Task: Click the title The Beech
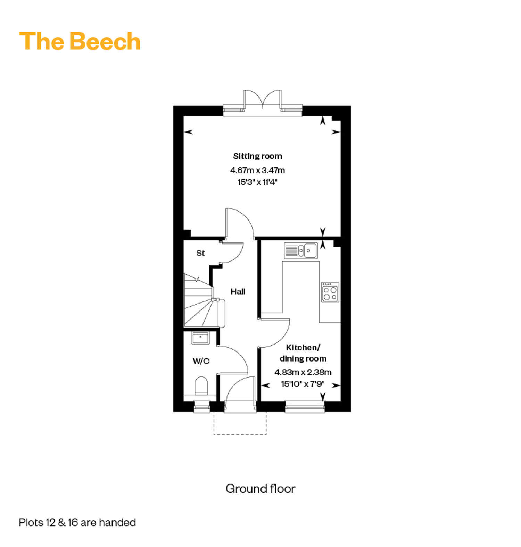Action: [x=80, y=41]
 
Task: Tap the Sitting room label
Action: [x=257, y=156]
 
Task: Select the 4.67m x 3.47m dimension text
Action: [x=257, y=170]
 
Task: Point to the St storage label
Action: [x=200, y=253]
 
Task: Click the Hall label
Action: [x=238, y=291]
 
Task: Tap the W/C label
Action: [x=201, y=361]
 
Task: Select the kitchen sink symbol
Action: [x=301, y=250]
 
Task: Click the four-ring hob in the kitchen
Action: [x=330, y=292]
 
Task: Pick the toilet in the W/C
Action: [x=201, y=386]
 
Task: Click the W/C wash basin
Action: [x=200, y=338]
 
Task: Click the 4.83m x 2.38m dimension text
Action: [x=303, y=372]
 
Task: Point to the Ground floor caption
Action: [x=260, y=489]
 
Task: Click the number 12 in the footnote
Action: [x=50, y=522]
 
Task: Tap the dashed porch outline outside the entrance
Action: [x=240, y=434]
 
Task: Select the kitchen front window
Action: [x=305, y=407]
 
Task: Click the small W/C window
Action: [x=202, y=407]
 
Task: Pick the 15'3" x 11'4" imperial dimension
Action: [x=257, y=182]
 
